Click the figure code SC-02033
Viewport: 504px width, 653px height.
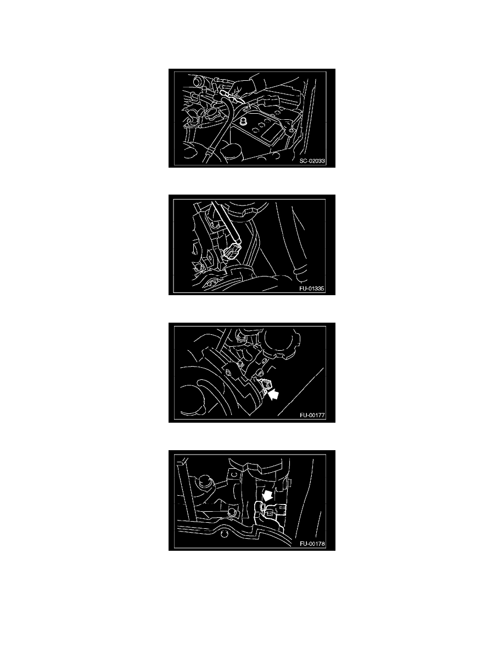coord(312,161)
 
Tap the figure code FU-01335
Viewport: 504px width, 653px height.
coord(311,288)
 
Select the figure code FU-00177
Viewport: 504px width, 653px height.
coord(312,415)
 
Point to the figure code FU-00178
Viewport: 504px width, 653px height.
coord(312,544)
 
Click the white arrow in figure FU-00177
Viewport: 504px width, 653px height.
coord(273,394)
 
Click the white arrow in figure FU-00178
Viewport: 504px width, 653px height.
coord(267,495)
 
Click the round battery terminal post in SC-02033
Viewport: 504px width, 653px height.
coord(243,121)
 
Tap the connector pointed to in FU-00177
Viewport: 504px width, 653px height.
coord(261,385)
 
